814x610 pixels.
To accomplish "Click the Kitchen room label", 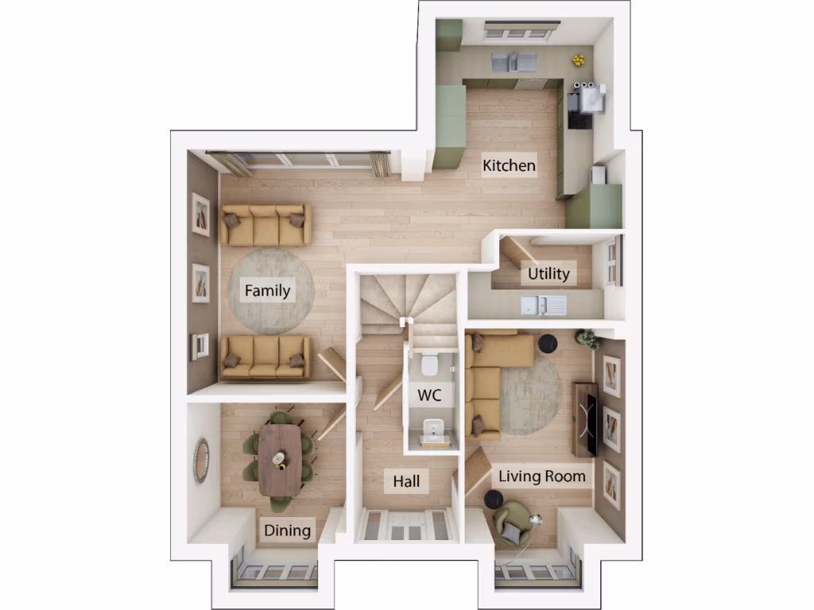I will coord(510,166).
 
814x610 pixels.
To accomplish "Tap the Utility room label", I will coord(548,274).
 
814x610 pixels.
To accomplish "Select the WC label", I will coord(430,395).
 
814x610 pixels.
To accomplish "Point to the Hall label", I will coord(406,481).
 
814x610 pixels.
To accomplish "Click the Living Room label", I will coord(542,477).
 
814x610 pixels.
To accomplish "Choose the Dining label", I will coord(288,530).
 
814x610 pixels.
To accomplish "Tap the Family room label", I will coord(267,290).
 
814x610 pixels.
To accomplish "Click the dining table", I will coord(280,458).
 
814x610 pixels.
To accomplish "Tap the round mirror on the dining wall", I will coord(201,460).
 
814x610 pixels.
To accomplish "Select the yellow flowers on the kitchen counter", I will coord(579,60).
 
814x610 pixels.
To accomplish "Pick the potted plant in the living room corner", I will coord(589,339).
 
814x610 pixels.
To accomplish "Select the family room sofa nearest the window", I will coord(266,225).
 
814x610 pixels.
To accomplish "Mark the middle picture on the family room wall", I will coord(201,283).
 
